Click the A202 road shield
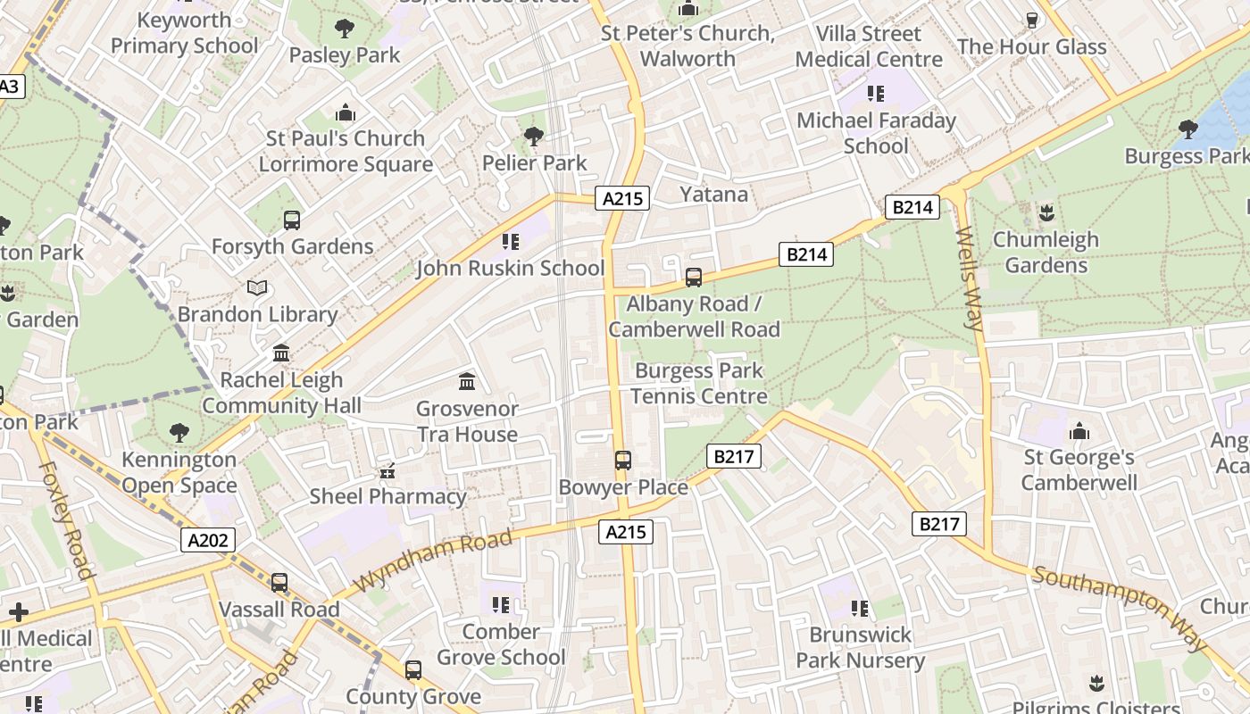(x=209, y=540)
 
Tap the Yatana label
(x=713, y=195)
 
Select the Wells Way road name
(x=969, y=278)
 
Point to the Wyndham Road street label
(x=434, y=560)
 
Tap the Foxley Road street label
(x=67, y=519)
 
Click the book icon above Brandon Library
(x=257, y=288)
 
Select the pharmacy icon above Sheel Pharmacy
(x=387, y=470)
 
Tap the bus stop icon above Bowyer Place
(x=623, y=461)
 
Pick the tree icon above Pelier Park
(x=534, y=137)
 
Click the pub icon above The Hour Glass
(x=1032, y=21)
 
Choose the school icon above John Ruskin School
(x=511, y=242)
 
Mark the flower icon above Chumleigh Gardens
(x=1046, y=213)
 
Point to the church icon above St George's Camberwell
(x=1079, y=432)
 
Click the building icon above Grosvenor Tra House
(x=467, y=382)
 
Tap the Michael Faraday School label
(x=876, y=133)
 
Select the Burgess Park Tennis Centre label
(x=699, y=383)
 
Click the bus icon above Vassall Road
(x=279, y=583)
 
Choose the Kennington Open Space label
(x=179, y=473)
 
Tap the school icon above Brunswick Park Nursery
(x=860, y=609)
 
